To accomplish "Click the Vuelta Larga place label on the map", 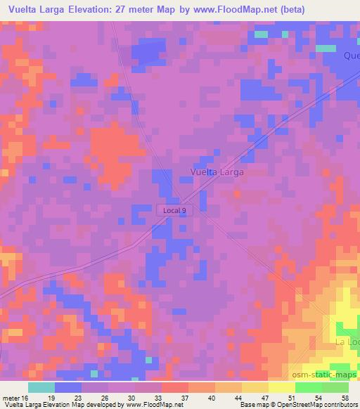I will coord(217,171).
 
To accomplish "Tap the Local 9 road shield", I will coord(174,209).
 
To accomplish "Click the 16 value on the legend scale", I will coord(26,397).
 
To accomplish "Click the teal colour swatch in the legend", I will coord(41,387).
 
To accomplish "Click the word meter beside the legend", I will coord(11,397).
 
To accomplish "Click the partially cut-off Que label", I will coord(351,56).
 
